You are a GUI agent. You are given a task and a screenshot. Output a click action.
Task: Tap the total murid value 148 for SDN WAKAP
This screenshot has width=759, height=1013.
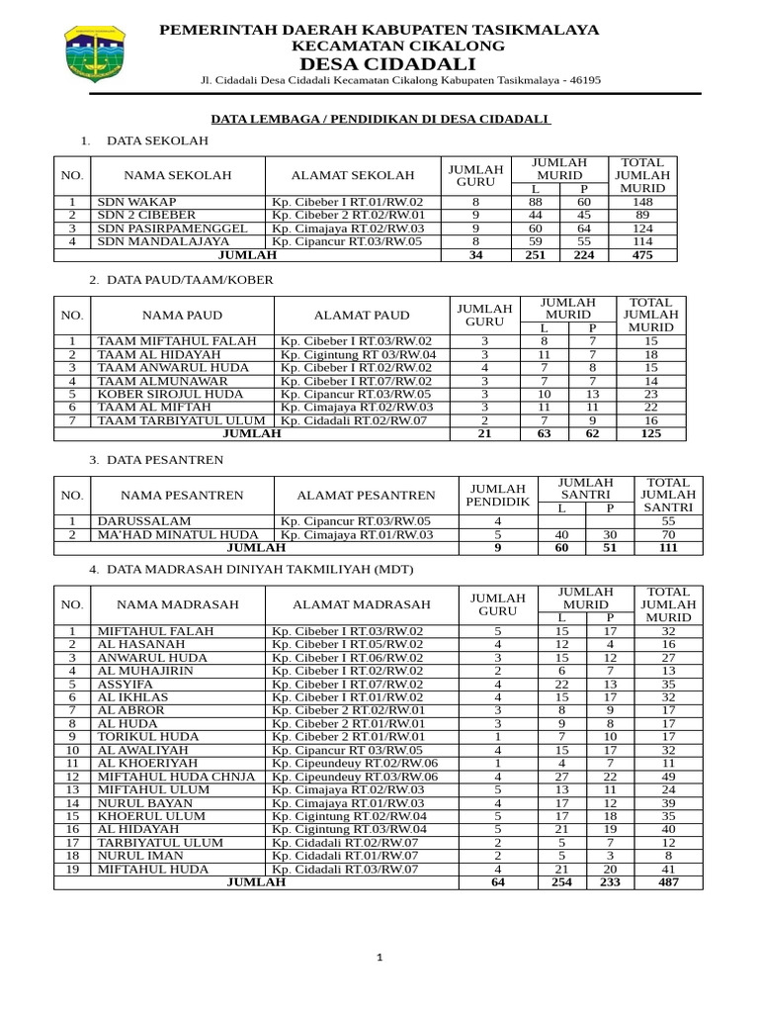click(642, 201)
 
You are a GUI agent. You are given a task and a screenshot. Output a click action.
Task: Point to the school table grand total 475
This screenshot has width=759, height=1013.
click(642, 255)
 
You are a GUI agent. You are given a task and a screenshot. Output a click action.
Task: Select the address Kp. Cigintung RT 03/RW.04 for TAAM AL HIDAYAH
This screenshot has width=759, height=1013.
click(358, 354)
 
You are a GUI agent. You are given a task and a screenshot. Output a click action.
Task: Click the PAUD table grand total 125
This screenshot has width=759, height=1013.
click(649, 433)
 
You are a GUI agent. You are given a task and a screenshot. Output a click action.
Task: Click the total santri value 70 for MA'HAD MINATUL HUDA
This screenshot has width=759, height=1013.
click(668, 534)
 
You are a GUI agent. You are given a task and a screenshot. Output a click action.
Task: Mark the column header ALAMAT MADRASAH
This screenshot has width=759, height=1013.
click(362, 604)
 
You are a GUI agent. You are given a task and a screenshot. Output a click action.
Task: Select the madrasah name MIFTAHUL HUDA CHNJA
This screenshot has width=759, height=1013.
click(176, 777)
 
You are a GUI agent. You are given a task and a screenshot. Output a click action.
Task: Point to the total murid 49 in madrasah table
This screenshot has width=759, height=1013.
click(668, 777)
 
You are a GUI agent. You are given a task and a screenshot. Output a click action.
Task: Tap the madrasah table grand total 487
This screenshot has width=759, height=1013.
click(668, 882)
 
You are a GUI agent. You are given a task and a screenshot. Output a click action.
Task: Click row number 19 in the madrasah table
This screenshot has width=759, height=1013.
click(72, 870)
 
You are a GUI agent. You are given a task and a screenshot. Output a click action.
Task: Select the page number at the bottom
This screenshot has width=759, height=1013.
click(379, 958)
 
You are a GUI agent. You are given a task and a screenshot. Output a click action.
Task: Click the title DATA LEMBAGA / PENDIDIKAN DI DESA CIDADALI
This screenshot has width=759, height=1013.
click(380, 119)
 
